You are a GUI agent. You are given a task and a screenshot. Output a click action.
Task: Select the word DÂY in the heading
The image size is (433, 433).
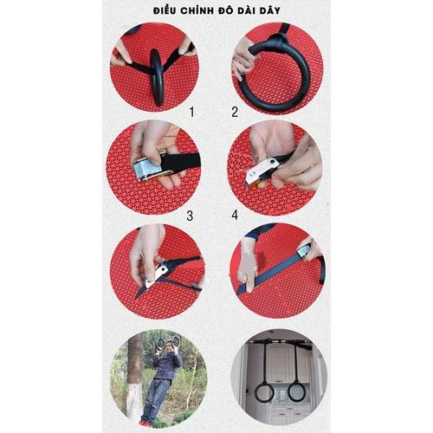click(270, 10)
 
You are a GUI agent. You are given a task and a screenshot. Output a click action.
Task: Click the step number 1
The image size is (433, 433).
click(191, 112)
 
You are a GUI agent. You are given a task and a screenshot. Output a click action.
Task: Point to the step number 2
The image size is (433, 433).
click(235, 112)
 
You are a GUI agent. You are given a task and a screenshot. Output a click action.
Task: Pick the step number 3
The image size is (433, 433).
click(190, 216)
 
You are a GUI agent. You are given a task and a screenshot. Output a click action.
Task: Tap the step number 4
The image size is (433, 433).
click(235, 216)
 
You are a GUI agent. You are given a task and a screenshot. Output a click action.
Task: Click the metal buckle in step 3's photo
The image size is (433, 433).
click(147, 169)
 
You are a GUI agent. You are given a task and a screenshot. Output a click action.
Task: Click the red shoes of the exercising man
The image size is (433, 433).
click(145, 423)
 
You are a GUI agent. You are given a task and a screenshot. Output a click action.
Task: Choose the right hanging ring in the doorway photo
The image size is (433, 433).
click(296, 391)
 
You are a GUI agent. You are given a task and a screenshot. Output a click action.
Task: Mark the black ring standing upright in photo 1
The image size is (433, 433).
click(158, 76)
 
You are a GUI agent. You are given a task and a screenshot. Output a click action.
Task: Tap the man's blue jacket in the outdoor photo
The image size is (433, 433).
click(167, 365)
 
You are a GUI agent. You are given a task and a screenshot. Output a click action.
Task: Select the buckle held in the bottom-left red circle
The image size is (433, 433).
click(157, 275)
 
